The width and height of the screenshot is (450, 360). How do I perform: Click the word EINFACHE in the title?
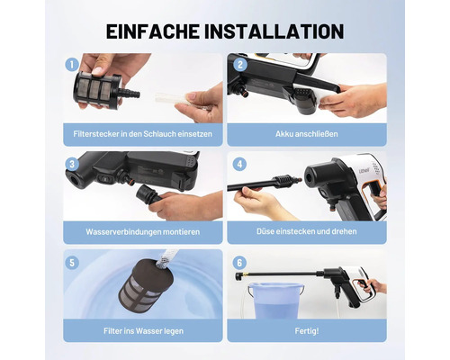pos(153,31)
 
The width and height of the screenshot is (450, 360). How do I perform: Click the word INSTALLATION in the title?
pos(274,31)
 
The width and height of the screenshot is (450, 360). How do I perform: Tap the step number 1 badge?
pos(72,65)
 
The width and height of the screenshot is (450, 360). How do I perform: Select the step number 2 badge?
pos(240,65)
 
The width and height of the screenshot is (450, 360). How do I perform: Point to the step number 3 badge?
pos(72,164)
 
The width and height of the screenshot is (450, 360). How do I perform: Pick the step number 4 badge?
pos(239,165)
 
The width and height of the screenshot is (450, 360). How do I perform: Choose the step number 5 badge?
pos(72,263)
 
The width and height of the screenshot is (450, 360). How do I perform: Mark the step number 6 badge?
pos(239,263)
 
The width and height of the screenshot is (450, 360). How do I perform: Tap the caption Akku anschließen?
pos(307,134)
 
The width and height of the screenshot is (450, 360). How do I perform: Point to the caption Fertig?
pos(307,331)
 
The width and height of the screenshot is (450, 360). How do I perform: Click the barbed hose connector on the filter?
pos(130,93)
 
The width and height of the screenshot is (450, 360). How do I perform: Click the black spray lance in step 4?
pos(264,184)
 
